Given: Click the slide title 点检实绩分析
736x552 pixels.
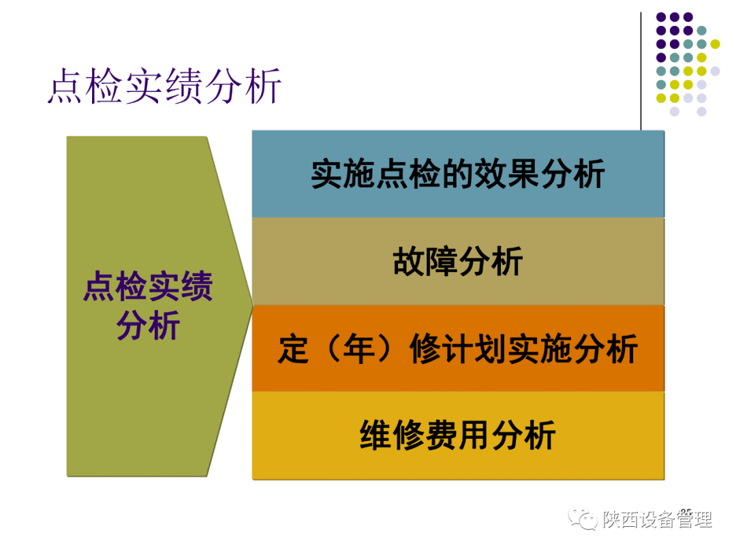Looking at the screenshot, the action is (164, 87).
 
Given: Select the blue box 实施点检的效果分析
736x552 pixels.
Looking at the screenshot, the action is (458, 174).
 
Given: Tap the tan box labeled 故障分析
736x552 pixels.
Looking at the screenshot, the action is (458, 262).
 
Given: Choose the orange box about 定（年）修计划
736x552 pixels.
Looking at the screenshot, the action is (458, 349).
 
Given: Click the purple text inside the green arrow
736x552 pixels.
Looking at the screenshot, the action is (148, 306).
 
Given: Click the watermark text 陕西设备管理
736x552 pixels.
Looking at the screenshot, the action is (657, 520).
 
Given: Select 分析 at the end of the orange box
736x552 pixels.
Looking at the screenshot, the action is (606, 350).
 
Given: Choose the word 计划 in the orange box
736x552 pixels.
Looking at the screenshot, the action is (474, 350).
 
